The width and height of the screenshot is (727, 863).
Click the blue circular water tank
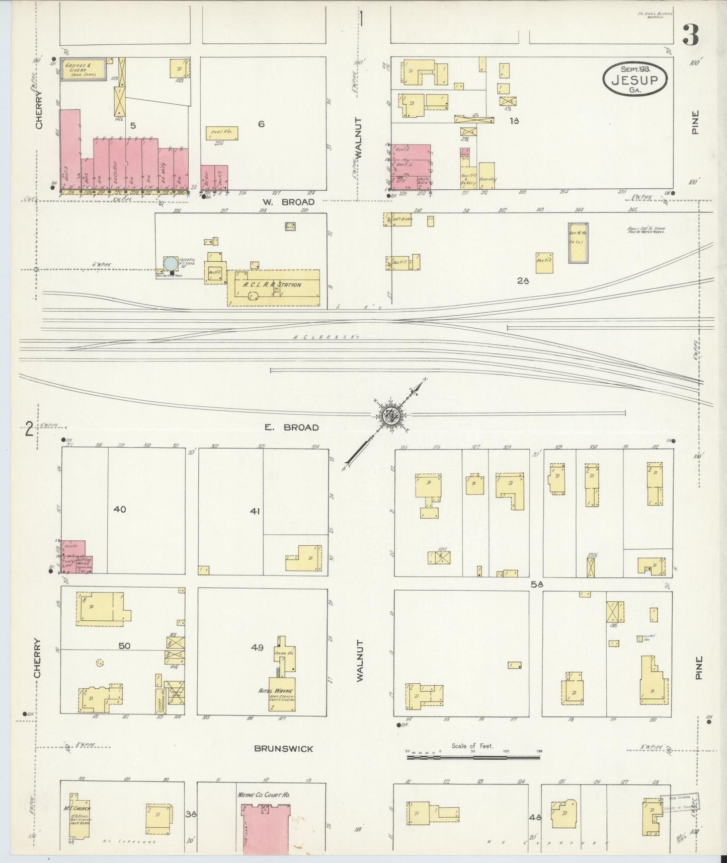click(x=171, y=263)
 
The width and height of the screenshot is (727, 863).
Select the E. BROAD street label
click(x=292, y=427)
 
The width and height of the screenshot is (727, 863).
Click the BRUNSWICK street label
click(x=283, y=749)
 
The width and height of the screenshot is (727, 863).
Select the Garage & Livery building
click(x=83, y=68)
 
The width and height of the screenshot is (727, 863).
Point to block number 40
click(x=120, y=510)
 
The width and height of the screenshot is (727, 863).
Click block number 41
click(x=255, y=512)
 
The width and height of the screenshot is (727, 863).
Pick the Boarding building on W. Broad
click(x=487, y=176)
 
